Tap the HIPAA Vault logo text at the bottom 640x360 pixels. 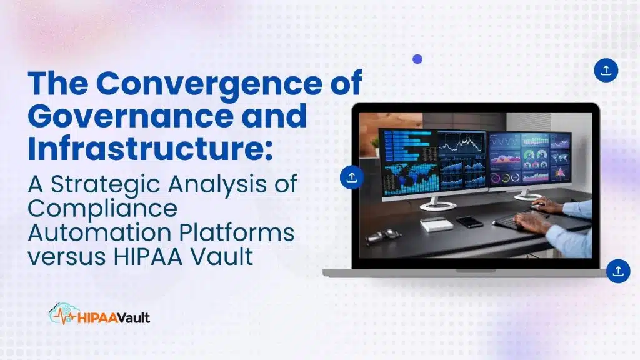114,317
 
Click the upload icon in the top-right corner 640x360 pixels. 606,71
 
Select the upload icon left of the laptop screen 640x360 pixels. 352,177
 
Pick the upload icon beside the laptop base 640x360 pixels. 618,271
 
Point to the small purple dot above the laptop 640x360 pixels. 417,59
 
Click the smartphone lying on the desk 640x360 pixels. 469,222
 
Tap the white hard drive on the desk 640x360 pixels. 436,224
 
